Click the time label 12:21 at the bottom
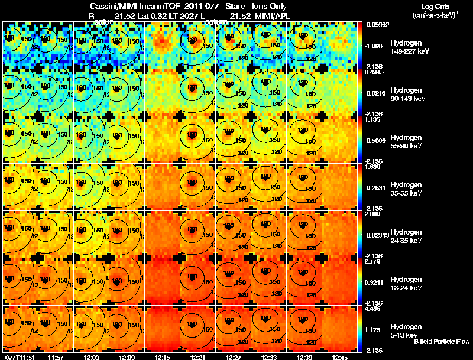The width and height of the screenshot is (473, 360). (197, 357)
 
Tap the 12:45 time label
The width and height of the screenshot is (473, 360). (341, 357)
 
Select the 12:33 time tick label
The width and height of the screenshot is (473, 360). (269, 357)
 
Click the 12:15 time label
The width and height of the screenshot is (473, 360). (162, 357)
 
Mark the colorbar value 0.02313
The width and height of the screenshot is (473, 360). (376, 235)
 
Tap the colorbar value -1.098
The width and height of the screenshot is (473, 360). (375, 46)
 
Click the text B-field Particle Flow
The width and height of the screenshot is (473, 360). (442, 342)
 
